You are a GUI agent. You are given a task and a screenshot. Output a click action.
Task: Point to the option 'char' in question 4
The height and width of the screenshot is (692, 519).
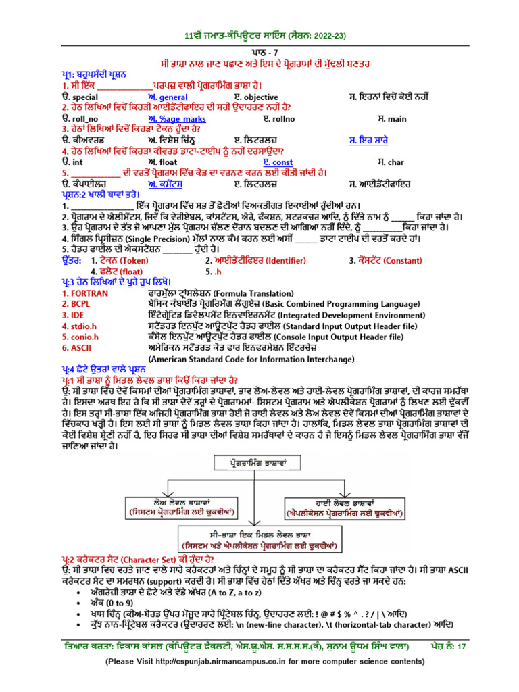coord(395,162)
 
